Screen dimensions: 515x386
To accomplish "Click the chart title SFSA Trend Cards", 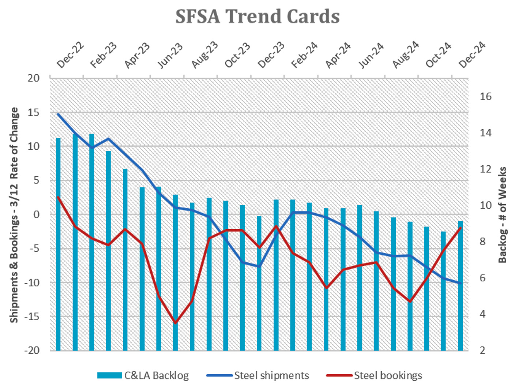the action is coord(257,16).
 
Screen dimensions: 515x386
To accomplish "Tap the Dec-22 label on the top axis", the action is coord(70,55).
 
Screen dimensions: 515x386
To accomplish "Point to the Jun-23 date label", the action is coord(170,55).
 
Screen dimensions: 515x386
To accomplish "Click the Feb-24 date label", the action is coord(304,55).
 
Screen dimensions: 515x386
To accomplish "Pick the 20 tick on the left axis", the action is coord(33,78).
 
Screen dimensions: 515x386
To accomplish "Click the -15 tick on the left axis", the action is coord(32,317).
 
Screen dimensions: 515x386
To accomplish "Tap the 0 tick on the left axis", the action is coord(36,214).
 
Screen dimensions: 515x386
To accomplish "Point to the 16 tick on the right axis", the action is coord(485,97).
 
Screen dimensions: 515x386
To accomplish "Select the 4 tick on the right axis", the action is coord(482,314).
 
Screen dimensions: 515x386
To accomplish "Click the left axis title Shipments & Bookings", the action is coord(14,215).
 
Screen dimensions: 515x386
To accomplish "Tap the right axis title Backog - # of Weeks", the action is coord(502,215).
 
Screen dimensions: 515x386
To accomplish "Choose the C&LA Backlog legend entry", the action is coord(143,375).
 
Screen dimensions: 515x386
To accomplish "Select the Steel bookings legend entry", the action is coord(374,375).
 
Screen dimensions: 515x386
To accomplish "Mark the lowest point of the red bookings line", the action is coord(175,323).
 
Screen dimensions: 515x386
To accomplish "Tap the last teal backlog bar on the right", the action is coord(461,286).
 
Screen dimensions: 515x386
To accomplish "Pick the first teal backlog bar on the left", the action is coord(59,244).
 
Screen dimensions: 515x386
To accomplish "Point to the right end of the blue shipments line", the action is coord(461,283).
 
